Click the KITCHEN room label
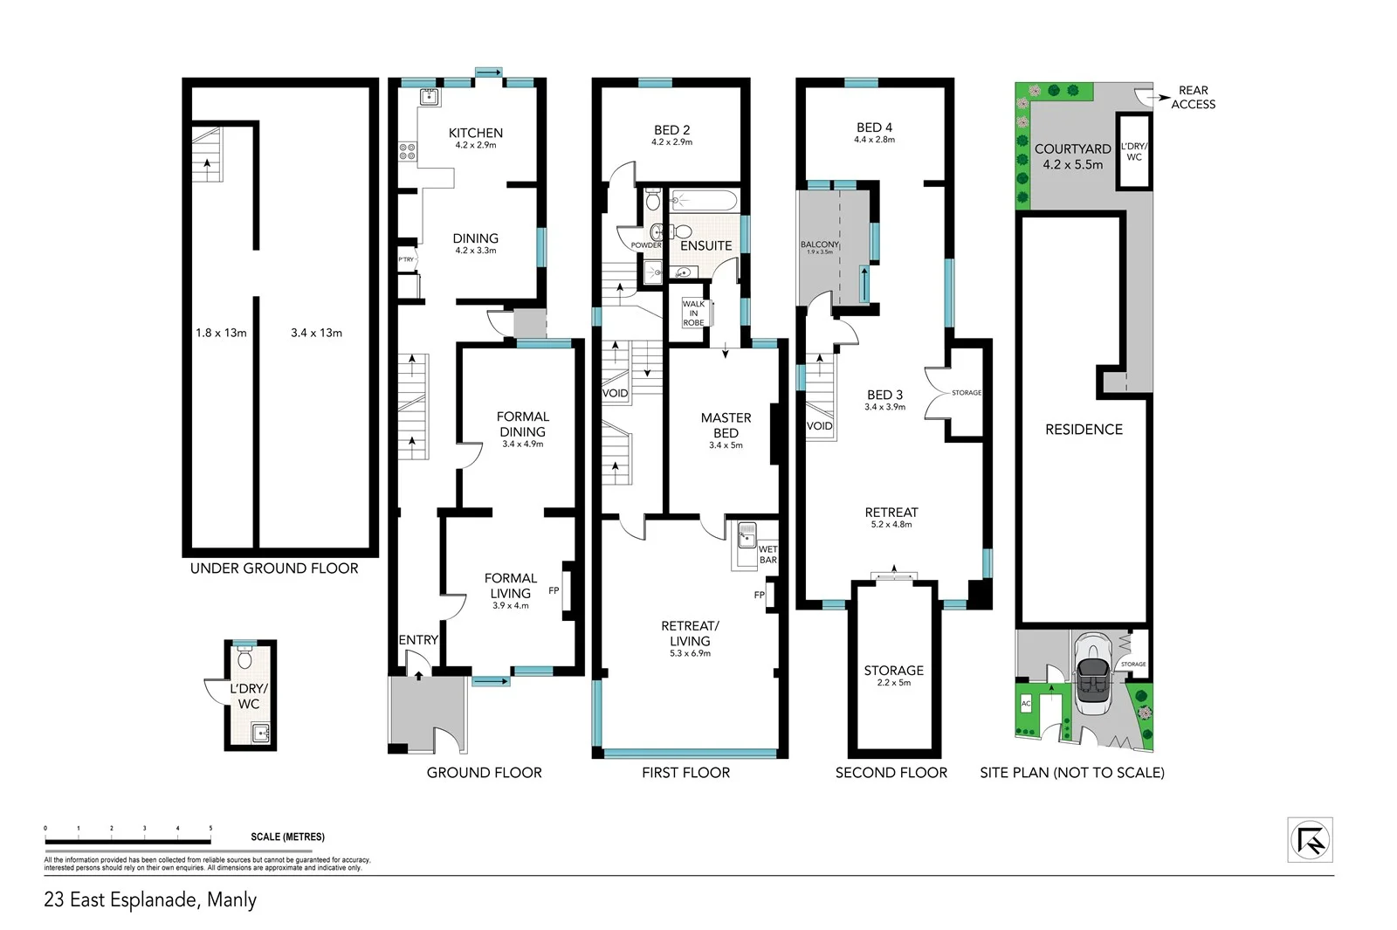tap(475, 134)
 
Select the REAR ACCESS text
tap(1193, 97)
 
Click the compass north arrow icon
tap(1311, 840)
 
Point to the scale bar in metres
tap(127, 841)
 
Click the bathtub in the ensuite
tap(705, 201)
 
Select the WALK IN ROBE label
tap(693, 313)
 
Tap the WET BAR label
tap(767, 555)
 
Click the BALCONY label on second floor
tap(818, 245)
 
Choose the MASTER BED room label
tap(726, 425)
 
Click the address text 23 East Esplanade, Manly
tap(150, 899)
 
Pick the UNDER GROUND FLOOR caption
tap(274, 568)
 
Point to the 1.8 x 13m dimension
tap(221, 333)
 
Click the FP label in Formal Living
tap(554, 591)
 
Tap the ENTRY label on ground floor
tap(418, 640)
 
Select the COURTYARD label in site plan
tap(1072, 149)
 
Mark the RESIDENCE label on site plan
tap(1084, 430)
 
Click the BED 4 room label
tap(874, 127)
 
